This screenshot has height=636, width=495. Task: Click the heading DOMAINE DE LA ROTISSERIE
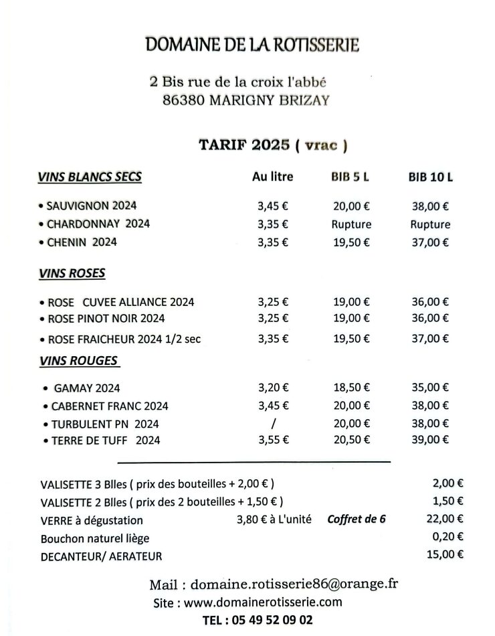[x=252, y=45]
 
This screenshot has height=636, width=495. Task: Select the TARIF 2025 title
[x=244, y=145]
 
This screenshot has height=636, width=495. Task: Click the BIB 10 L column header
[x=430, y=177]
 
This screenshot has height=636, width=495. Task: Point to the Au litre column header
[x=272, y=177]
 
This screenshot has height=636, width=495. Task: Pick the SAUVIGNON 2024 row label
[x=91, y=206]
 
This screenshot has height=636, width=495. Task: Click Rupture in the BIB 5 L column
[x=351, y=224]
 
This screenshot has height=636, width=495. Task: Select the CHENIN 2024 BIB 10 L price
[x=430, y=242]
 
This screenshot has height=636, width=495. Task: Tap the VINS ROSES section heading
[x=72, y=274]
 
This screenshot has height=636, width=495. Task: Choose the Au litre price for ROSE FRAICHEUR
[x=273, y=339]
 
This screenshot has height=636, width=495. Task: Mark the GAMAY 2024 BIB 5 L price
[x=351, y=387]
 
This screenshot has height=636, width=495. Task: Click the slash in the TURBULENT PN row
[x=273, y=424]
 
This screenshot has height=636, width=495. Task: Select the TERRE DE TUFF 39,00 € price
[x=430, y=439]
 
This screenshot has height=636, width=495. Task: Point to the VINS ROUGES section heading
[x=78, y=361]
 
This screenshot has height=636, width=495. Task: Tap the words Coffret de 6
[x=357, y=519]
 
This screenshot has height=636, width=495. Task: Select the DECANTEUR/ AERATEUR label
[x=101, y=556]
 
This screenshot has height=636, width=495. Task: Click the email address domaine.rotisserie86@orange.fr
[x=294, y=584]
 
